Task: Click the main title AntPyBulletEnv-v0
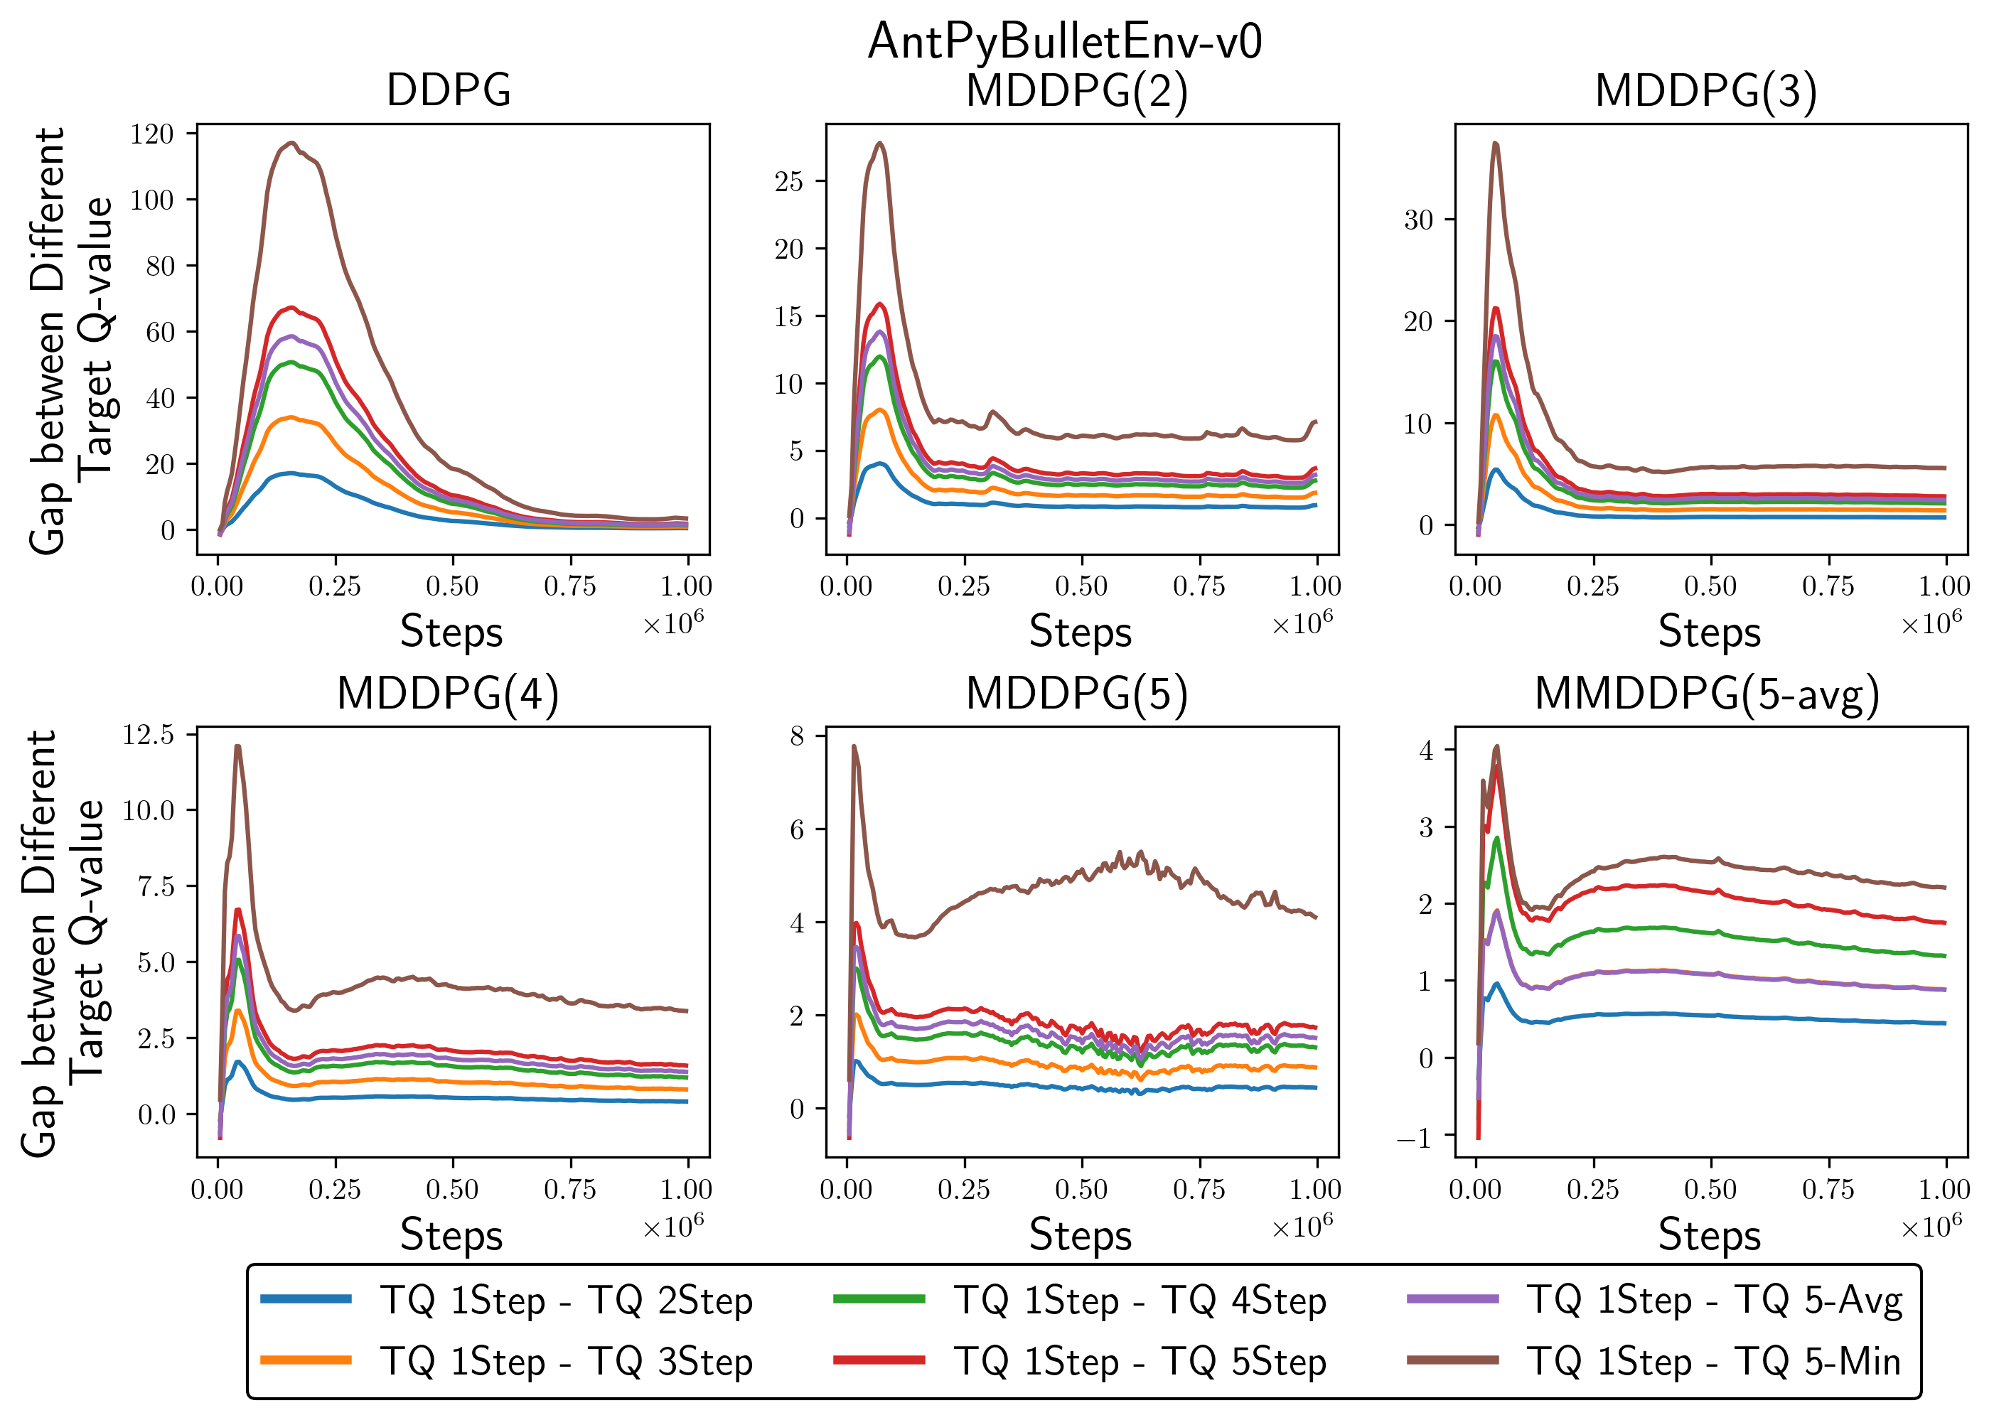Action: point(1064,41)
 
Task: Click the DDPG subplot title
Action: point(449,90)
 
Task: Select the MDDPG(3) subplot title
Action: point(1705,90)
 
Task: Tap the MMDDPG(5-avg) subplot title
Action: point(1706,694)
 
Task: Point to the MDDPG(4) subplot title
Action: point(448,694)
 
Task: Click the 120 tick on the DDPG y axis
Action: point(151,134)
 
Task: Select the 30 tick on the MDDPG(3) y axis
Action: point(1418,220)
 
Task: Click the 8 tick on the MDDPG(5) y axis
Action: point(797,736)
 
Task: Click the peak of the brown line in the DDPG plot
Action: point(293,143)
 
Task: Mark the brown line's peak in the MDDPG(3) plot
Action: point(1496,143)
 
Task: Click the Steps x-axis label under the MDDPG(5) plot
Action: point(1080,1235)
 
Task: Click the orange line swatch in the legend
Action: point(306,1360)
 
